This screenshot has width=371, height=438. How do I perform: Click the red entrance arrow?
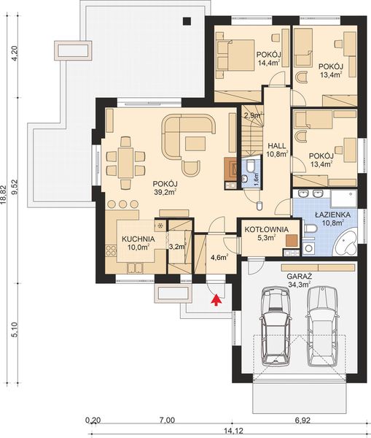pos(214,298)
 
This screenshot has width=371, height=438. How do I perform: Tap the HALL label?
pos(276,144)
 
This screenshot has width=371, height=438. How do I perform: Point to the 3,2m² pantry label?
pos(176,247)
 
